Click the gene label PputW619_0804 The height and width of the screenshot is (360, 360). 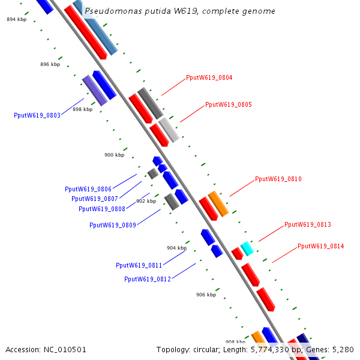[209, 77]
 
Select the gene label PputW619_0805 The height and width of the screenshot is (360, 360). [228, 104]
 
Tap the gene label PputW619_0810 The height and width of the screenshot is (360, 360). [278, 179]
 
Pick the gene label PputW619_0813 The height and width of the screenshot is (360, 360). [307, 224]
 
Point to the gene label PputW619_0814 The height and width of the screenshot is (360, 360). [320, 246]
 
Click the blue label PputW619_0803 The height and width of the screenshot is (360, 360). [37, 115]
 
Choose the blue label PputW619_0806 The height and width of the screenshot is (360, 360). [88, 189]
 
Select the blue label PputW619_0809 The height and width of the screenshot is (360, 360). [112, 225]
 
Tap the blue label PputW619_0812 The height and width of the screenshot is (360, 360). [147, 279]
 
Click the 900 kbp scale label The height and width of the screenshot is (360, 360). [114, 155]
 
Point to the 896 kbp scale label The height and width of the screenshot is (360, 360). [50, 64]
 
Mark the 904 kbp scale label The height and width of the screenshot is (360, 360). [176, 248]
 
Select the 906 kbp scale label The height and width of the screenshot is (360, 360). [206, 295]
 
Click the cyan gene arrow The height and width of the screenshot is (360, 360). [247, 248]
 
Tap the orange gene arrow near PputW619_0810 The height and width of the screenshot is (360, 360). [218, 203]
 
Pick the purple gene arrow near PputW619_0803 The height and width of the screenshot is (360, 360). [94, 90]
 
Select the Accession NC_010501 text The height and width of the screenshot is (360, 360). [46, 349]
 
